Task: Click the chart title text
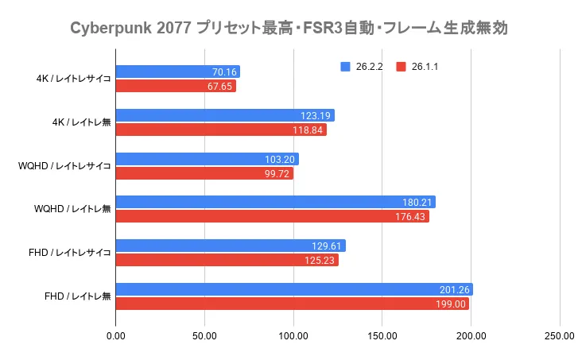tap(289, 29)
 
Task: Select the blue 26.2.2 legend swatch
tap(344, 67)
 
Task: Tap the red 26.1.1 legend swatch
tap(401, 67)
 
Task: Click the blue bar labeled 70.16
tap(178, 72)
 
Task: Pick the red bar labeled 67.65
tap(176, 86)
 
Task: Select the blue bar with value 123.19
tap(225, 115)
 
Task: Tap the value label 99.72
tap(277, 173)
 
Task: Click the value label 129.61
tap(328, 246)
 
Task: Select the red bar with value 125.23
tap(227, 260)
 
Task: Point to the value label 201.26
tap(456, 289)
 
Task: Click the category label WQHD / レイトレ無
tap(73, 209)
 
